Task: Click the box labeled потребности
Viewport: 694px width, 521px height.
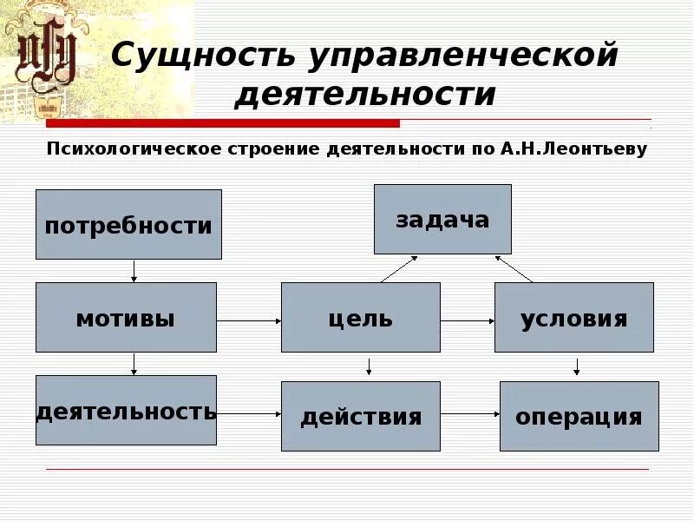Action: (x=128, y=224)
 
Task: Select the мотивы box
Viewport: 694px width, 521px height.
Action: (x=126, y=317)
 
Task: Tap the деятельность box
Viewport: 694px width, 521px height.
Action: (x=126, y=410)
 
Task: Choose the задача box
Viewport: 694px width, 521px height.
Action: (x=442, y=219)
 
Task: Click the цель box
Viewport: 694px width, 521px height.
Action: (x=360, y=317)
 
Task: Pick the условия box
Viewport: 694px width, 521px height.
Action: (x=574, y=317)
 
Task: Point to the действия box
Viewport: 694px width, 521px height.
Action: (x=360, y=416)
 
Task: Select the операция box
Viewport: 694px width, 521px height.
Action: (x=579, y=416)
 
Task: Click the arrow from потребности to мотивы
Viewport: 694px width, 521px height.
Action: (x=134, y=270)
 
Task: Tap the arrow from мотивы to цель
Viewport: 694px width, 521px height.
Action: (x=249, y=320)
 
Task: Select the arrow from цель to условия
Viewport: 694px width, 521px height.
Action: (x=467, y=320)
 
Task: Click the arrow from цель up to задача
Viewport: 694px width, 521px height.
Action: (x=399, y=268)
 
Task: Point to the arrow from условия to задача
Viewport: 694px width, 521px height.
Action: (x=514, y=268)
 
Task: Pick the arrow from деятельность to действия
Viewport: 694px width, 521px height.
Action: (x=249, y=414)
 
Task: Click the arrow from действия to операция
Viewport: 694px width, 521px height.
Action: (x=469, y=414)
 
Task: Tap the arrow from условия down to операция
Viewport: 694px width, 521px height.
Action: (x=576, y=366)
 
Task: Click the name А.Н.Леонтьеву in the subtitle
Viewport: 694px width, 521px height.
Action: (x=573, y=148)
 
